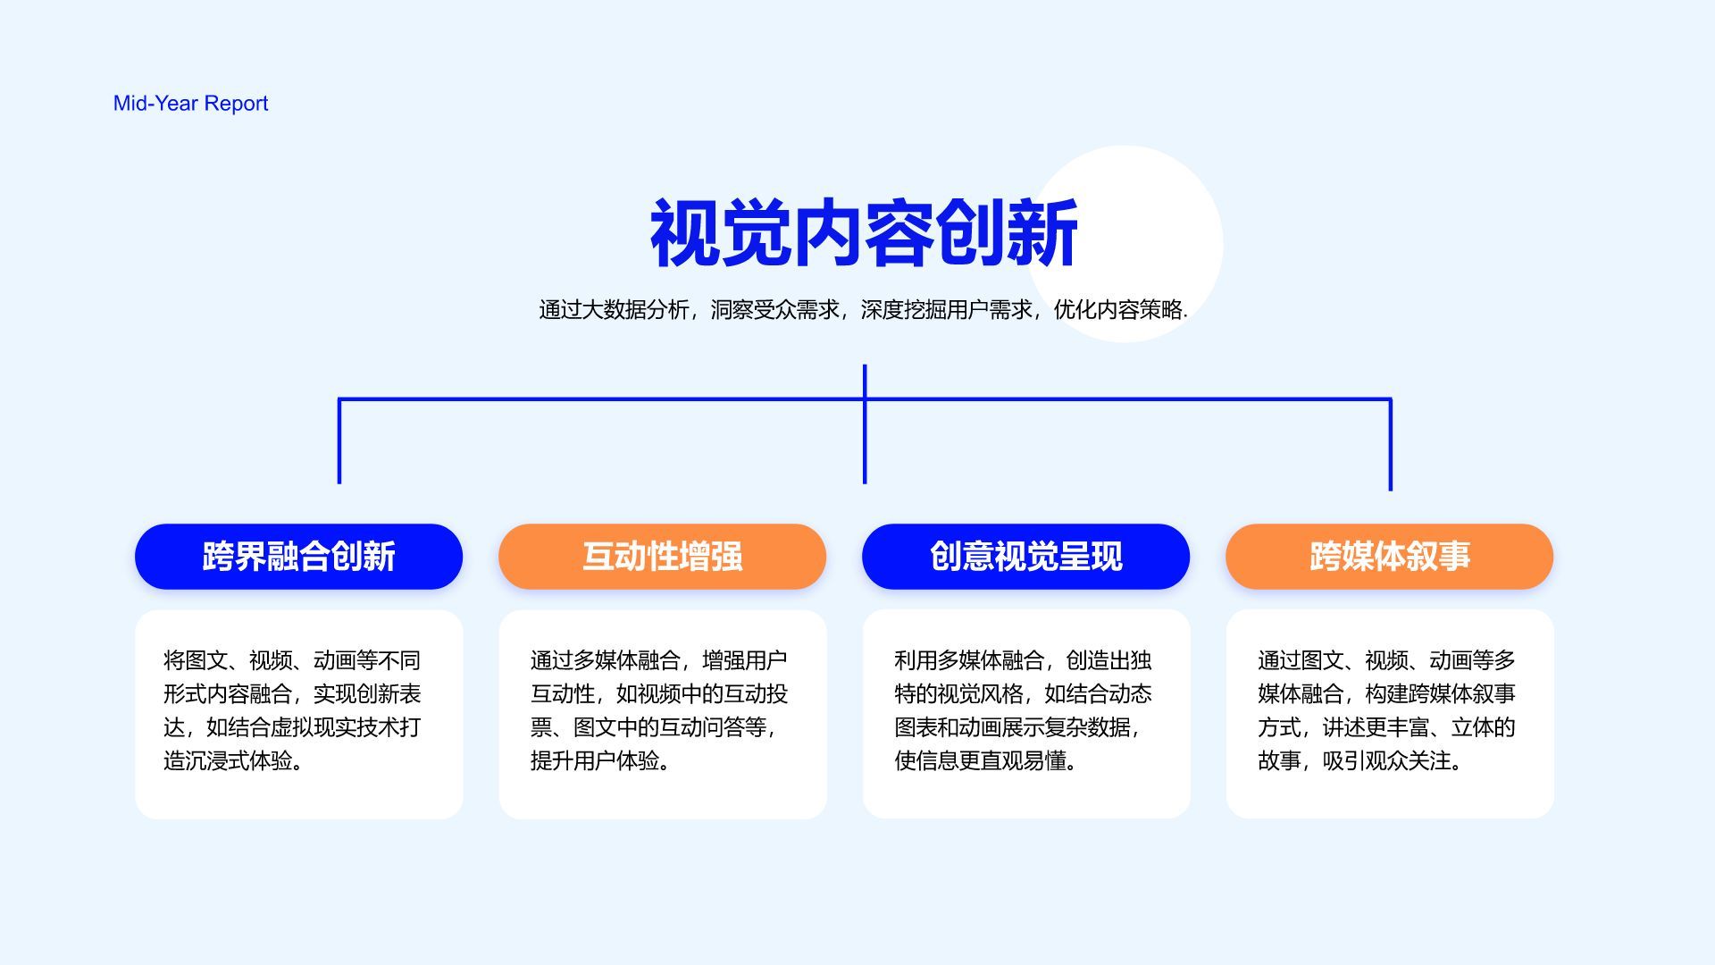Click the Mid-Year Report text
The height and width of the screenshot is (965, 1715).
click(x=190, y=104)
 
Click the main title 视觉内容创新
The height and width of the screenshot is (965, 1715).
click(x=864, y=233)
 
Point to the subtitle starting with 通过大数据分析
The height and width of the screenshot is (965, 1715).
click(x=863, y=310)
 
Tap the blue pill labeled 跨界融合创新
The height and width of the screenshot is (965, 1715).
click(x=298, y=556)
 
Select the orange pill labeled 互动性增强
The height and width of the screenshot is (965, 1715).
click(x=662, y=556)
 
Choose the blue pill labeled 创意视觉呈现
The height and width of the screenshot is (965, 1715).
click(x=1025, y=556)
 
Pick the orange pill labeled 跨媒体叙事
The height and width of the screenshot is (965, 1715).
click(x=1389, y=556)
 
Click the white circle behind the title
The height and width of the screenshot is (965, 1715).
click(x=1125, y=244)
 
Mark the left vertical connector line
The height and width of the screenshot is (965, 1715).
click(x=339, y=441)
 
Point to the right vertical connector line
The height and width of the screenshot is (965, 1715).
click(x=1391, y=444)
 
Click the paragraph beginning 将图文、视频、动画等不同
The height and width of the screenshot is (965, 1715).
click(x=292, y=710)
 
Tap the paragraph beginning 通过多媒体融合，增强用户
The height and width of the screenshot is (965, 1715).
click(x=659, y=710)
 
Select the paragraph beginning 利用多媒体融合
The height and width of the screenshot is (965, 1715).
click(x=1024, y=710)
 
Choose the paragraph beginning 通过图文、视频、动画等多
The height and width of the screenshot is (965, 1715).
click(x=1387, y=710)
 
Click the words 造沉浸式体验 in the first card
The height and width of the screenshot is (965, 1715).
click(x=228, y=760)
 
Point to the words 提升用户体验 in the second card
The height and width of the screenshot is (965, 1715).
click(x=595, y=760)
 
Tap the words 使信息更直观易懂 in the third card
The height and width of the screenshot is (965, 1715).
click(x=981, y=760)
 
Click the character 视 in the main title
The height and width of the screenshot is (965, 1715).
click(x=685, y=233)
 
